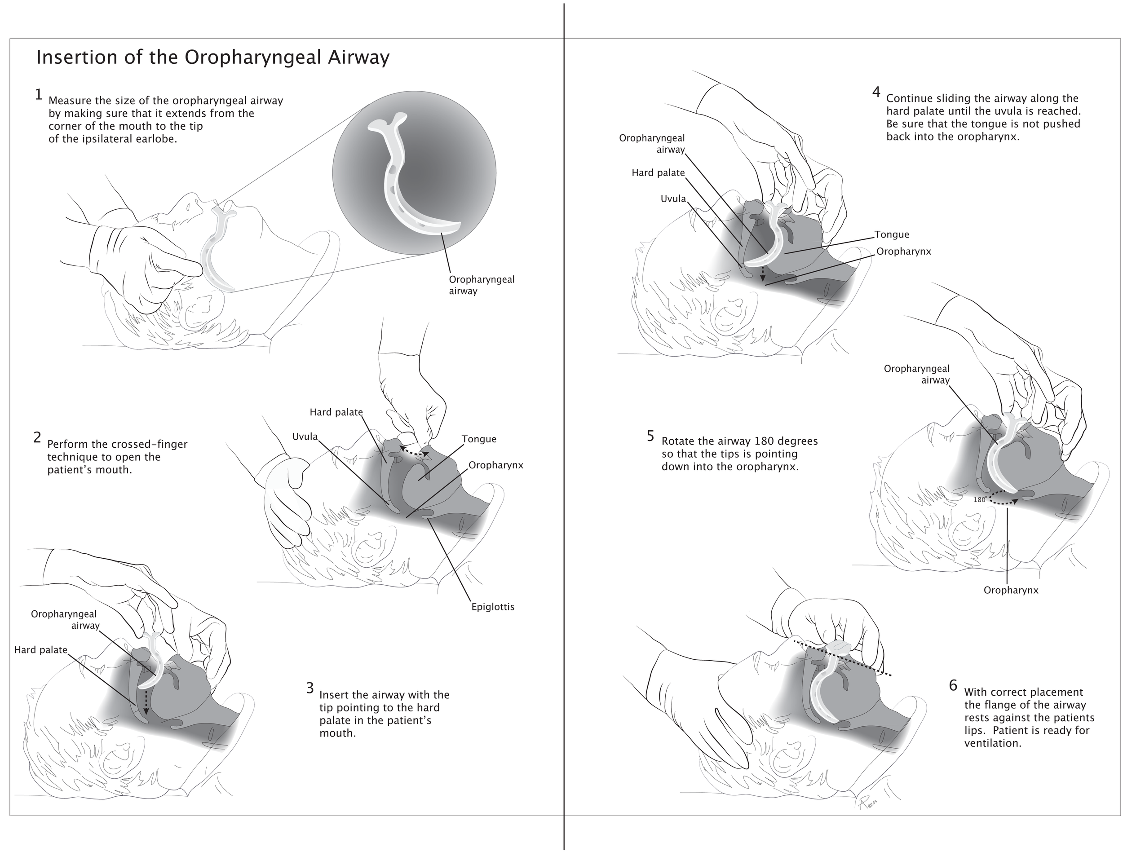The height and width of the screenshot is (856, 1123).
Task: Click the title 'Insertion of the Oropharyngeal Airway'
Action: (212, 57)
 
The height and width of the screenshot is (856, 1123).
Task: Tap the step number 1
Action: (38, 95)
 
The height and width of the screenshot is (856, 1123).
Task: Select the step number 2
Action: (37, 437)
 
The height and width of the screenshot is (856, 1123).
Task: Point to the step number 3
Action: (310, 688)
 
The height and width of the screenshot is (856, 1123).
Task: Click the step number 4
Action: (876, 92)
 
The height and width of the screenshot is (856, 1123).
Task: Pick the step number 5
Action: (650, 436)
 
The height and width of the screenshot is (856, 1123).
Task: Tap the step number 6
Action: (953, 686)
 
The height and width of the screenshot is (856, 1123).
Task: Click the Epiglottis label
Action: (492, 607)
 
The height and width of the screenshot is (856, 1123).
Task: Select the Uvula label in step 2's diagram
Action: (305, 437)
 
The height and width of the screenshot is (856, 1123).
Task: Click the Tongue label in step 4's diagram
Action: (892, 235)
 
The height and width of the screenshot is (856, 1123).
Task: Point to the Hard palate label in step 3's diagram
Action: (41, 650)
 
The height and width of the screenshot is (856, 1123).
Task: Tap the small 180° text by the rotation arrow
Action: (980, 500)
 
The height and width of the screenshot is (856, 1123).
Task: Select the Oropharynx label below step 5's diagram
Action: (1010, 591)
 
